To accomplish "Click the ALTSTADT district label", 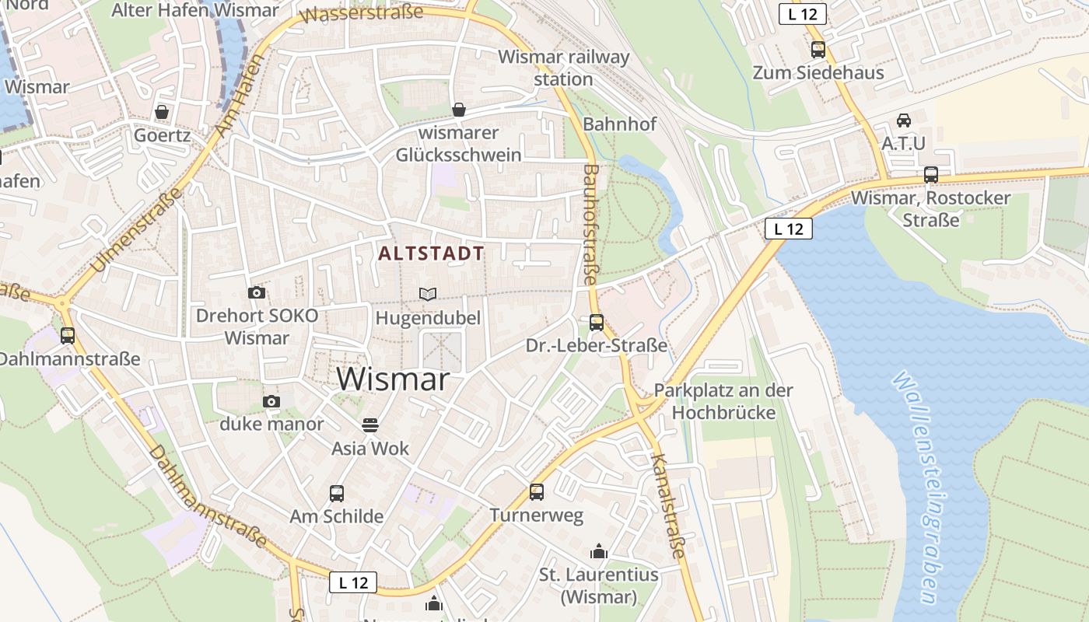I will pos(431,253).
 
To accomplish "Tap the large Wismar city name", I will pos(394,379).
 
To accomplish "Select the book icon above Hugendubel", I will pos(428,294).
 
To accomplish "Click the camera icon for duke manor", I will pos(271,401).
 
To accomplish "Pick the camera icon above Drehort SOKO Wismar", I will pos(256,292).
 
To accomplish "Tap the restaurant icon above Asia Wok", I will pos(369,425).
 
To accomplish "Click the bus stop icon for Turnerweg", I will pos(536,491).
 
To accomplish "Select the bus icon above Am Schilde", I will pos(337,493).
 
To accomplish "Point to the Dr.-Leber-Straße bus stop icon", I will pos(597,322).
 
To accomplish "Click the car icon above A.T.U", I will pos(904,121).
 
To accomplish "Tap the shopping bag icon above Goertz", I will pos(162,112).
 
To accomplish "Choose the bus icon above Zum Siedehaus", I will pos(818,50).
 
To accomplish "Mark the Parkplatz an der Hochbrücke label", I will pos(723,401).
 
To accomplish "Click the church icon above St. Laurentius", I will pos(599,551).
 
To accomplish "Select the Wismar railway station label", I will pos(564,68).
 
